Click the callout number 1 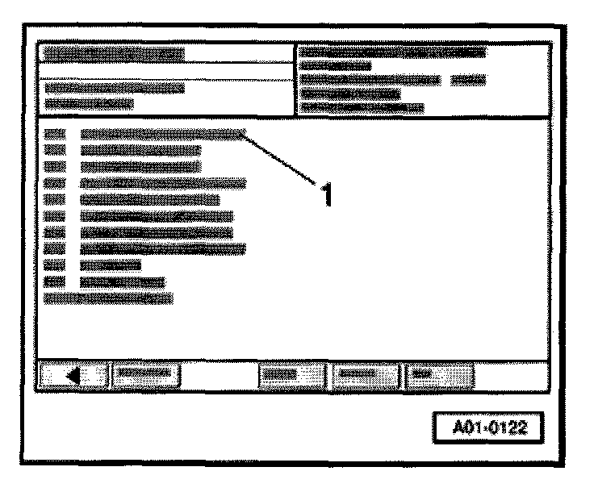tap(326, 194)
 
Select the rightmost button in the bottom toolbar tap(440, 374)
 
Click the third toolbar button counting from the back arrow tap(289, 374)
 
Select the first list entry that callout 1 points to tap(161, 134)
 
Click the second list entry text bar tap(140, 150)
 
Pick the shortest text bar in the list tap(111, 265)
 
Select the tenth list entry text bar tap(123, 281)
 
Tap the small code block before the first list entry tap(54, 134)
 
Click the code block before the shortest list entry tap(54, 265)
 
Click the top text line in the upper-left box tap(114, 54)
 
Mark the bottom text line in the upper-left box tap(89, 103)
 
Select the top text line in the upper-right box tap(392, 52)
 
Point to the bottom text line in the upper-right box tap(361, 107)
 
